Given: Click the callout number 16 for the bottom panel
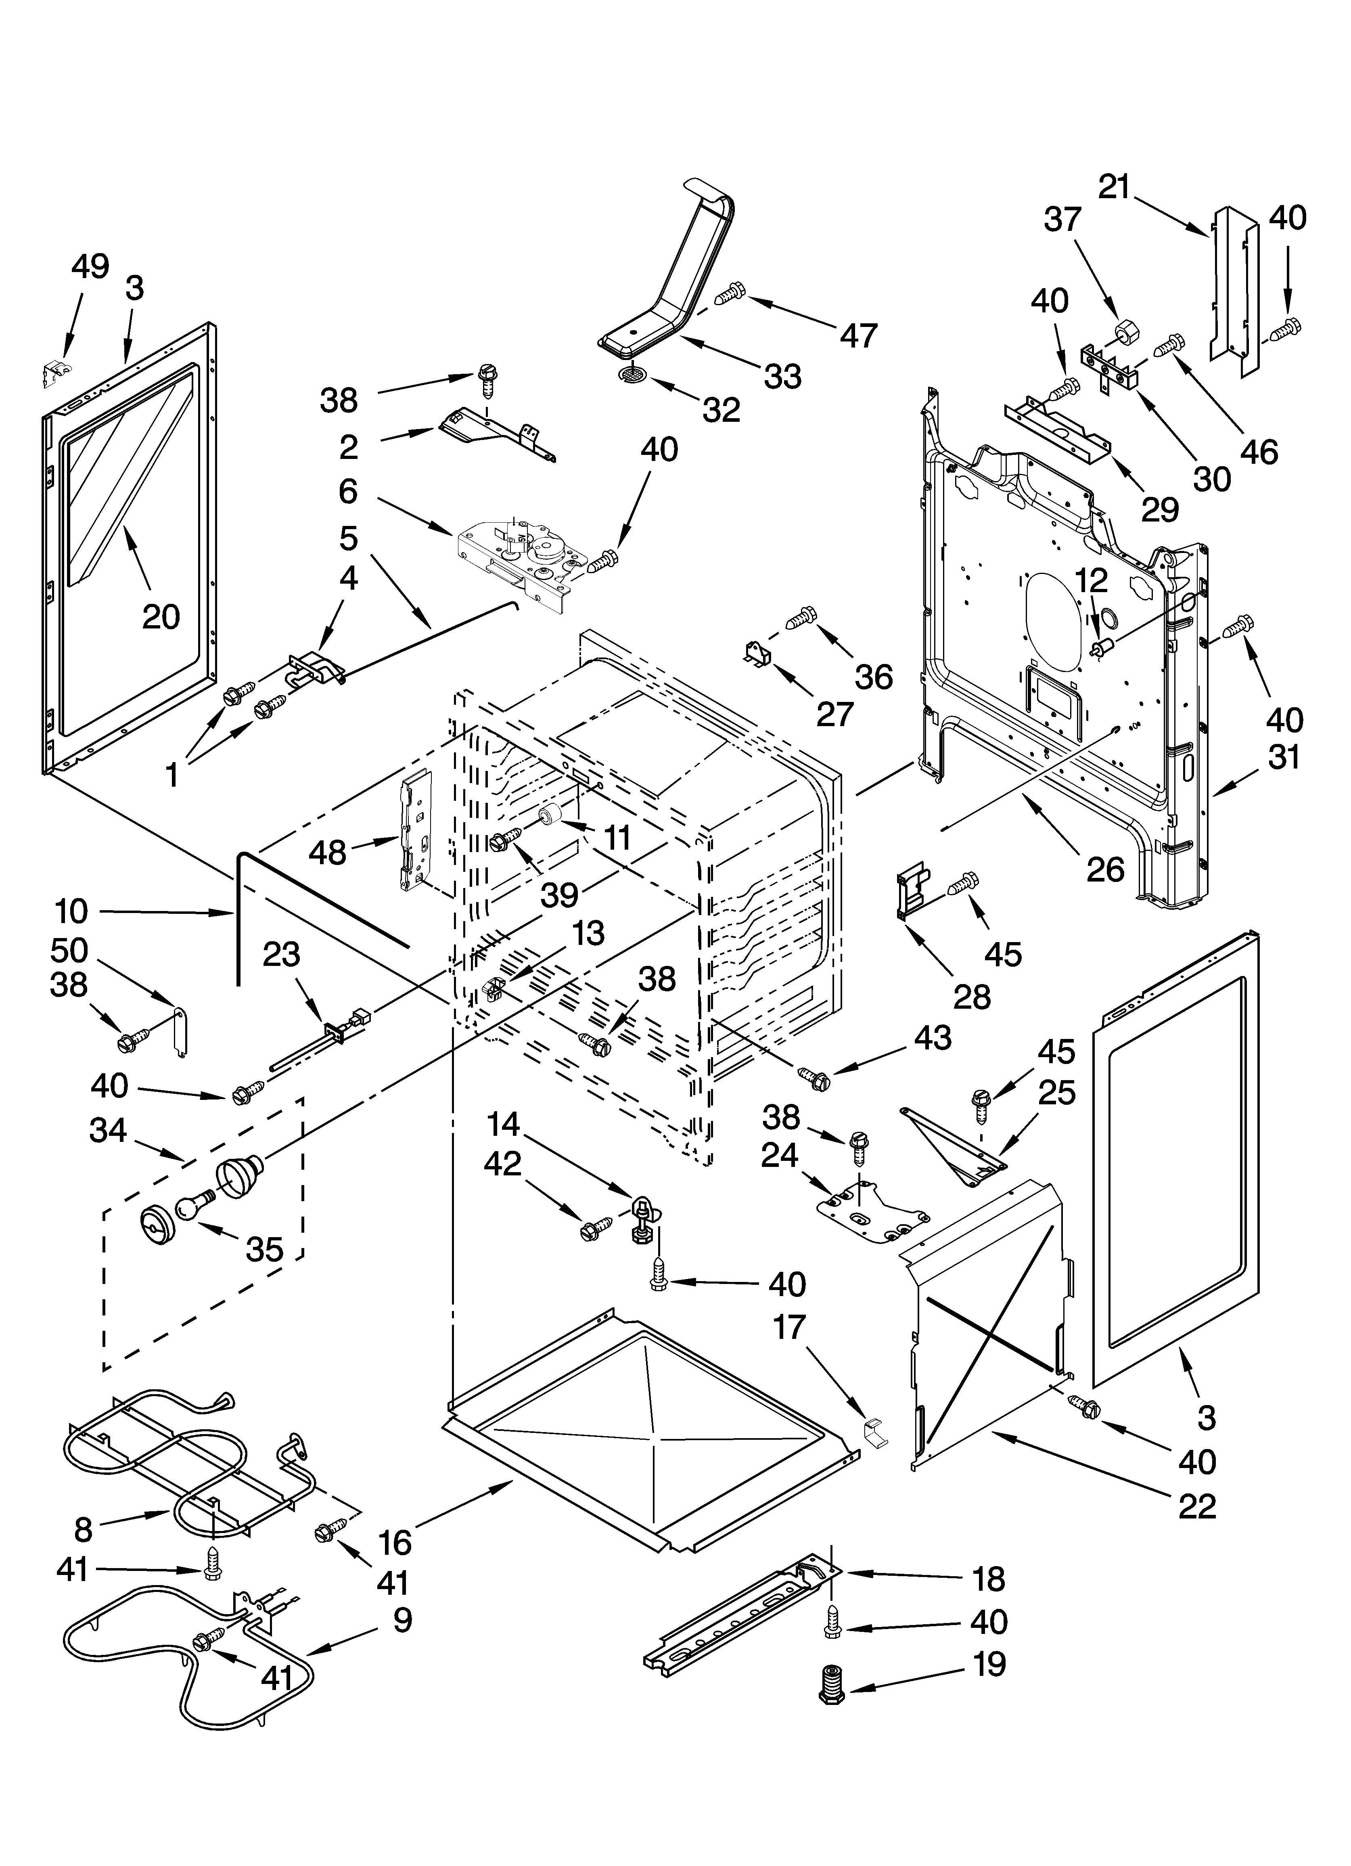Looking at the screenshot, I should (x=396, y=1542).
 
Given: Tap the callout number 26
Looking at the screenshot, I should (x=1104, y=869).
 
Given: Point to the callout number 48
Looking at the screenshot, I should (x=328, y=852).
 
